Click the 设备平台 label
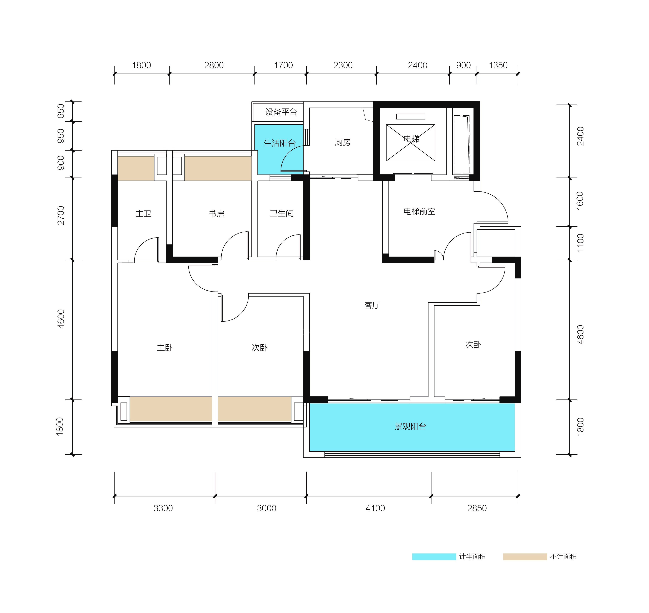coord(281,112)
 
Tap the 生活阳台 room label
coord(280,143)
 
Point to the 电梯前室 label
coord(419,211)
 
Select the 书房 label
coord(216,214)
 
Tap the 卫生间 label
coord(282,213)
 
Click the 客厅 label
coord(372,305)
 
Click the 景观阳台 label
coord(411,426)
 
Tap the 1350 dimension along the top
coord(498,65)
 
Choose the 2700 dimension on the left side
coord(61,215)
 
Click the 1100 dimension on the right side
coord(580,243)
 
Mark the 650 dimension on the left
coord(61,111)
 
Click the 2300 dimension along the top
coord(343,65)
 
